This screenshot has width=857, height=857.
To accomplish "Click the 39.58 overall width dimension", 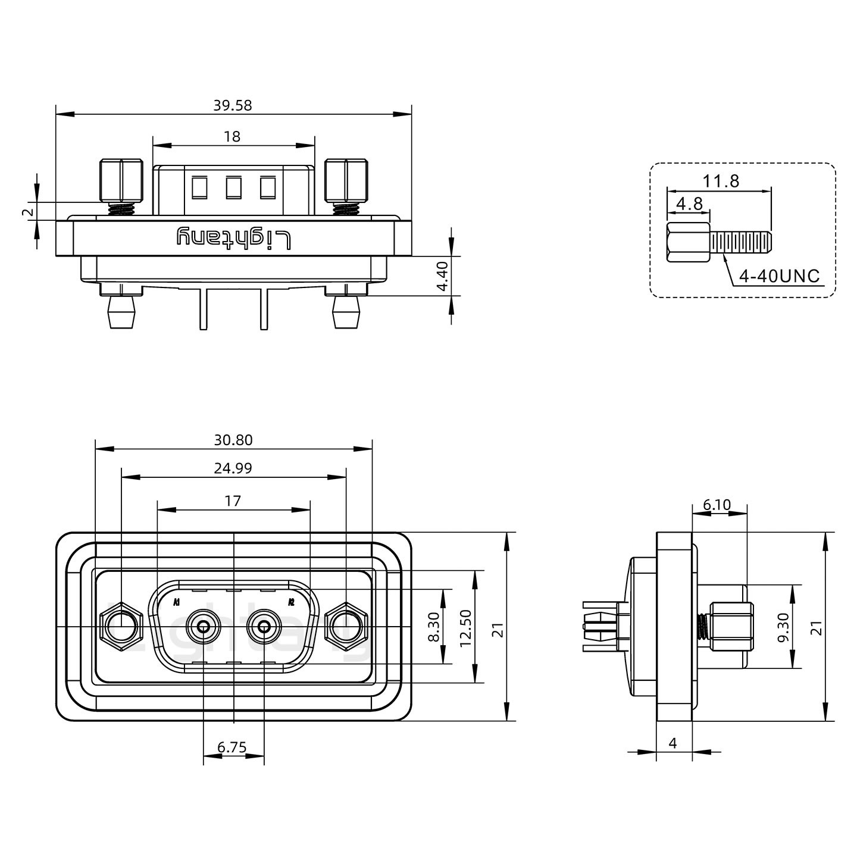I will click(x=233, y=105).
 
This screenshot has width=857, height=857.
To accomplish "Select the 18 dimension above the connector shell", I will click(x=232, y=137).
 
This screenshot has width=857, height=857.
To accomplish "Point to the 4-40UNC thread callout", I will click(x=778, y=276).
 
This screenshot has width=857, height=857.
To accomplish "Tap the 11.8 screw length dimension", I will click(x=721, y=181).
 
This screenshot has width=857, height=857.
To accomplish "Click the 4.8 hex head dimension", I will click(x=689, y=204).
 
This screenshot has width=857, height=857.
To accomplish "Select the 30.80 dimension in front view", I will click(x=233, y=440).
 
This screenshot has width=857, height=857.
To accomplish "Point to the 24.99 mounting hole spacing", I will click(x=233, y=468).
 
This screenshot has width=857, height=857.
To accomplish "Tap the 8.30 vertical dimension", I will click(x=434, y=627).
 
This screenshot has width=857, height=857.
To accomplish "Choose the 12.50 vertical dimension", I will click(x=466, y=627).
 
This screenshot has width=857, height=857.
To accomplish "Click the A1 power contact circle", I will click(x=204, y=627).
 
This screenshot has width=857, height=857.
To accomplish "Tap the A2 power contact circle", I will click(x=264, y=627).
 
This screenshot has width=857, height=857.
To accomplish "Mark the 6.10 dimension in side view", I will click(x=717, y=505).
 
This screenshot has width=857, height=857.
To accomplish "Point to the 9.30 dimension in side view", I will click(x=783, y=627).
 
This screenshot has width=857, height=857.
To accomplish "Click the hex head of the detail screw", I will click(x=688, y=242).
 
